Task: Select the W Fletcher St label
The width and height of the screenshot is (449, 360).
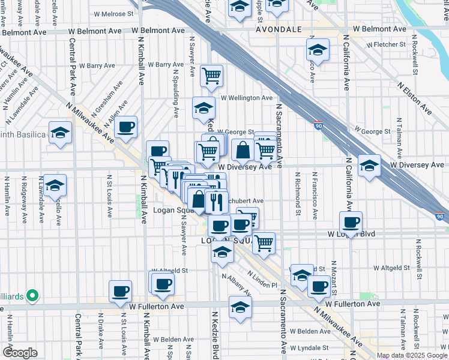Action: click(385, 44)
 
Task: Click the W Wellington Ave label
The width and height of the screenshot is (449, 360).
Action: click(246, 98)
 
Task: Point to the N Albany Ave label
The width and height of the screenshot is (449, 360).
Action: click(235, 285)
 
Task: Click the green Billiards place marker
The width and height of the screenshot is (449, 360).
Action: click(34, 295)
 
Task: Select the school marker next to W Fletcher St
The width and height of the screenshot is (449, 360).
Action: click(318, 49)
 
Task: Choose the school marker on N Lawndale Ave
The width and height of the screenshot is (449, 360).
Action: click(55, 185)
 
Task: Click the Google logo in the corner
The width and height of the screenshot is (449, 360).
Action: click(20, 353)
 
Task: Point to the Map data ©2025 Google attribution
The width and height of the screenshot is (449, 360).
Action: click(412, 355)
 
